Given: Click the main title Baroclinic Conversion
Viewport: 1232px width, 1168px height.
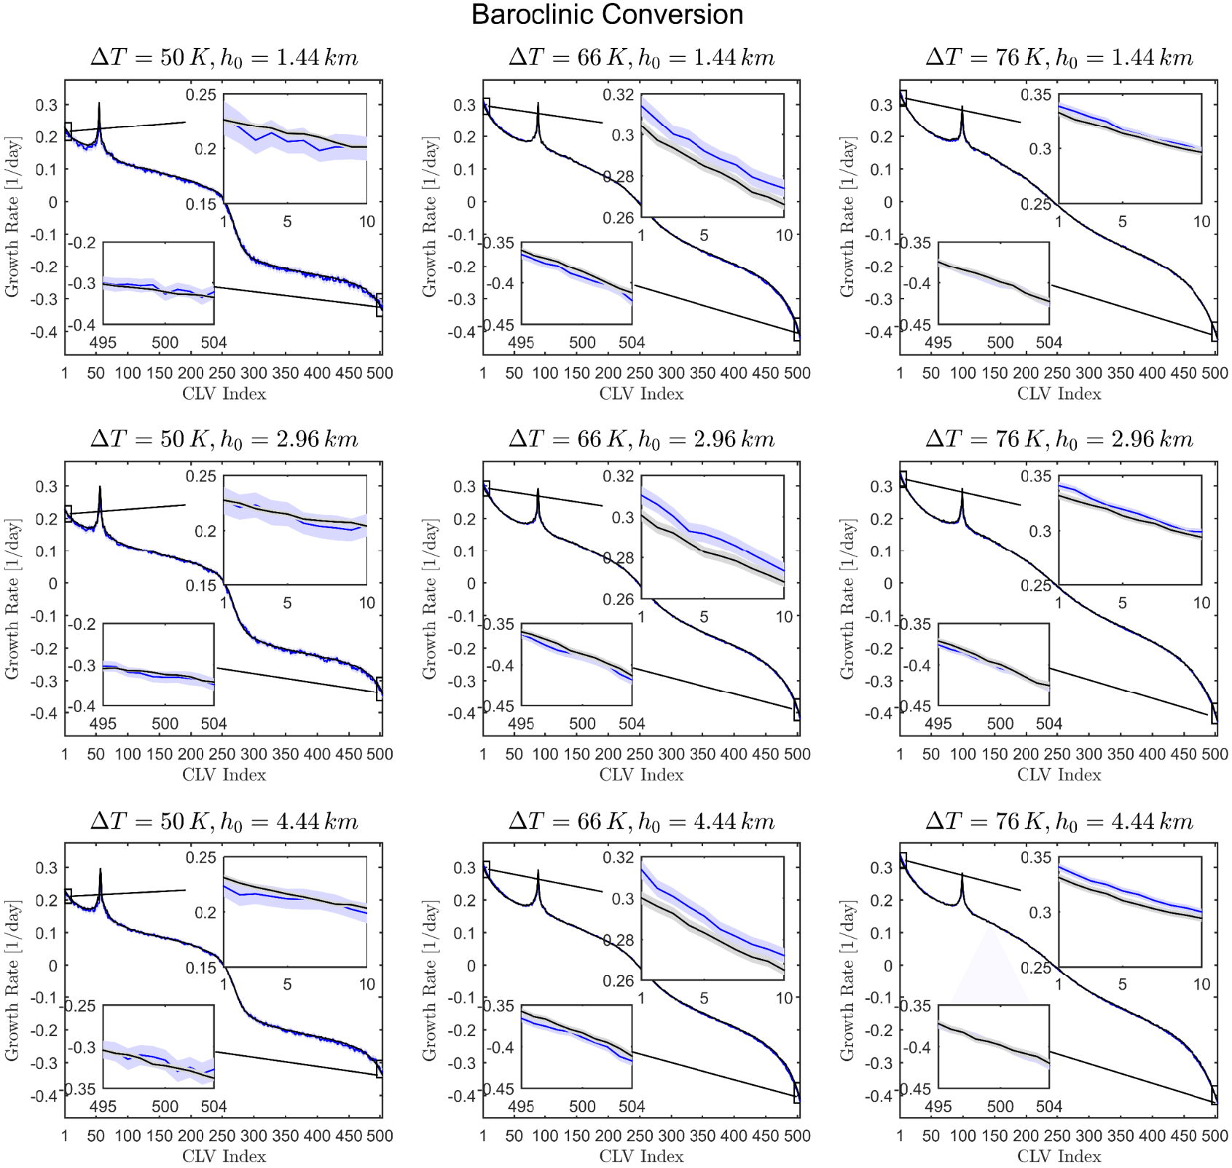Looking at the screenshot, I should click(x=607, y=15).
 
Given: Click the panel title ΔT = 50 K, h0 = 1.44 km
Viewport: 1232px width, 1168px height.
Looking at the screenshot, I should click(x=224, y=58).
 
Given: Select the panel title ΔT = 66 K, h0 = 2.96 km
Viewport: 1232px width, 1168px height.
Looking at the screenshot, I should click(x=641, y=439).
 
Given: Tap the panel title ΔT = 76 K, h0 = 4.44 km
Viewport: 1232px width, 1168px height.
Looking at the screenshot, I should click(x=1059, y=821).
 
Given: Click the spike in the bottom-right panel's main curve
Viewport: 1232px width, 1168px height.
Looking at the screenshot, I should click(x=962, y=876).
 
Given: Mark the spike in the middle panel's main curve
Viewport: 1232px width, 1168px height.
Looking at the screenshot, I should click(x=538, y=492).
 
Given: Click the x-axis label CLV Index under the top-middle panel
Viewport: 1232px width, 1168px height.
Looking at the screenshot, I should click(x=641, y=394).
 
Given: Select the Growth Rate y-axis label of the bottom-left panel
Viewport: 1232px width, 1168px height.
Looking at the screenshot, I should click(x=12, y=979).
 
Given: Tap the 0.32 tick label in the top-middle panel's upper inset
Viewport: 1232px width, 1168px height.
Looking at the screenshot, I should click(x=619, y=94).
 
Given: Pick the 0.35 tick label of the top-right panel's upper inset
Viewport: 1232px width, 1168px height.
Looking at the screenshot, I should click(x=1036, y=94).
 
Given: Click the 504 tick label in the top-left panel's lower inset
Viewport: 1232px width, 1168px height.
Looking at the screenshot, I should click(x=213, y=342).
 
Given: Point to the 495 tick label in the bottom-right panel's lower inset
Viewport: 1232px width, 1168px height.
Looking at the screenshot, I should click(x=938, y=1106).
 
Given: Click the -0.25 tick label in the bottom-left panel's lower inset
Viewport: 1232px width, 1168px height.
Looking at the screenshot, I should click(x=81, y=1006).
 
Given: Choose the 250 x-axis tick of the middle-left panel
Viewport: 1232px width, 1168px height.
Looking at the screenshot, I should click(x=222, y=754).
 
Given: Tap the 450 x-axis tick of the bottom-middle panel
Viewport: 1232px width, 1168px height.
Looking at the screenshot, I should click(x=766, y=1136).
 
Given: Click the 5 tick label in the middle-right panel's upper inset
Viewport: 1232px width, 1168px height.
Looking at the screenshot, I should click(x=1122, y=603).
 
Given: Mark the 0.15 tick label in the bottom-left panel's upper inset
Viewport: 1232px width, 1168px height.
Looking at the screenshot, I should click(x=201, y=968).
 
